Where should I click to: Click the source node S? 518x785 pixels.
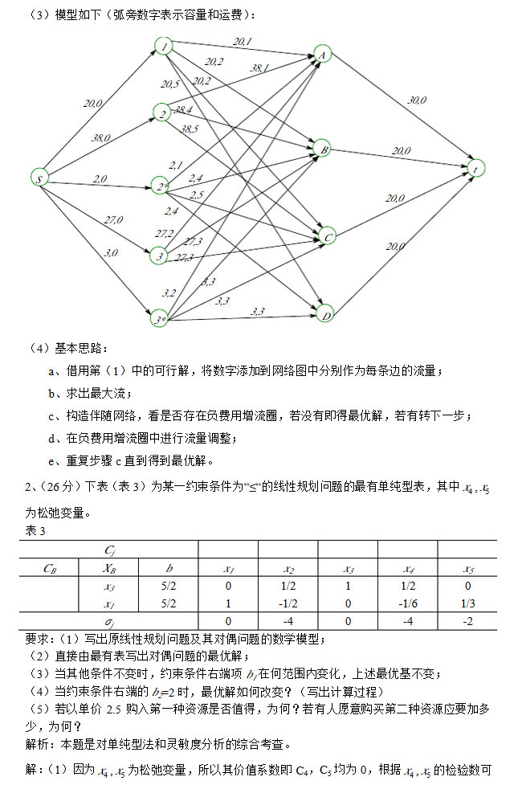(x=38, y=178)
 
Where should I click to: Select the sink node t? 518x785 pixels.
(x=476, y=169)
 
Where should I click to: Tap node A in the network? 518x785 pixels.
(x=323, y=54)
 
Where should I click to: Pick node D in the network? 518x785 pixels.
(x=324, y=313)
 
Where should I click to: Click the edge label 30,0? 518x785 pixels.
(x=417, y=100)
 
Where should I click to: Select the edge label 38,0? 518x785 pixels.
(x=101, y=138)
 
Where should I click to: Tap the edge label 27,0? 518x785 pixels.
(x=113, y=219)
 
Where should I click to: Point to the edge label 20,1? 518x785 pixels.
(x=242, y=41)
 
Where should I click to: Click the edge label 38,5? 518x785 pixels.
(x=190, y=129)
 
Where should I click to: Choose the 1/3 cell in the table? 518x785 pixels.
(x=467, y=603)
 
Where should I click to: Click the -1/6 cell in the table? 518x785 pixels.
(x=408, y=603)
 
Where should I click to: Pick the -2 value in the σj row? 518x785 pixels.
(x=467, y=621)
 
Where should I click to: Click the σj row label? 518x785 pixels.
(x=110, y=622)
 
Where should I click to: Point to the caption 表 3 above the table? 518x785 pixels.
(x=36, y=531)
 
